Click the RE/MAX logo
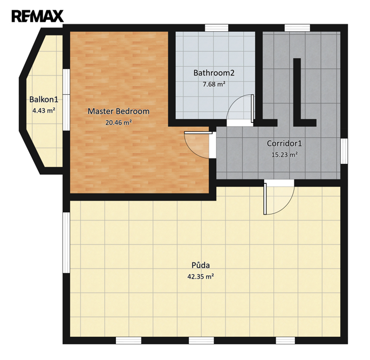click(x=38, y=16)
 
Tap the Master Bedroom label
click(x=119, y=111)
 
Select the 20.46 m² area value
click(x=119, y=122)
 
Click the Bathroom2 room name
click(x=214, y=73)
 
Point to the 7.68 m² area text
click(x=214, y=84)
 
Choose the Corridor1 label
click(x=284, y=143)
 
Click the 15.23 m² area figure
click(x=284, y=155)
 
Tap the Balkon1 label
click(x=44, y=100)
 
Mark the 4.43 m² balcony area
click(x=44, y=110)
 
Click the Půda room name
click(x=201, y=265)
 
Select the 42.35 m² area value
click(x=201, y=276)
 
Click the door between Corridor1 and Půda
click(x=279, y=197)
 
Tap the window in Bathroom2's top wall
click(x=216, y=28)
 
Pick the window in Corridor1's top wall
click(x=297, y=28)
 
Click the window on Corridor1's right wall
click(x=344, y=151)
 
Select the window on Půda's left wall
click(x=66, y=243)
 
